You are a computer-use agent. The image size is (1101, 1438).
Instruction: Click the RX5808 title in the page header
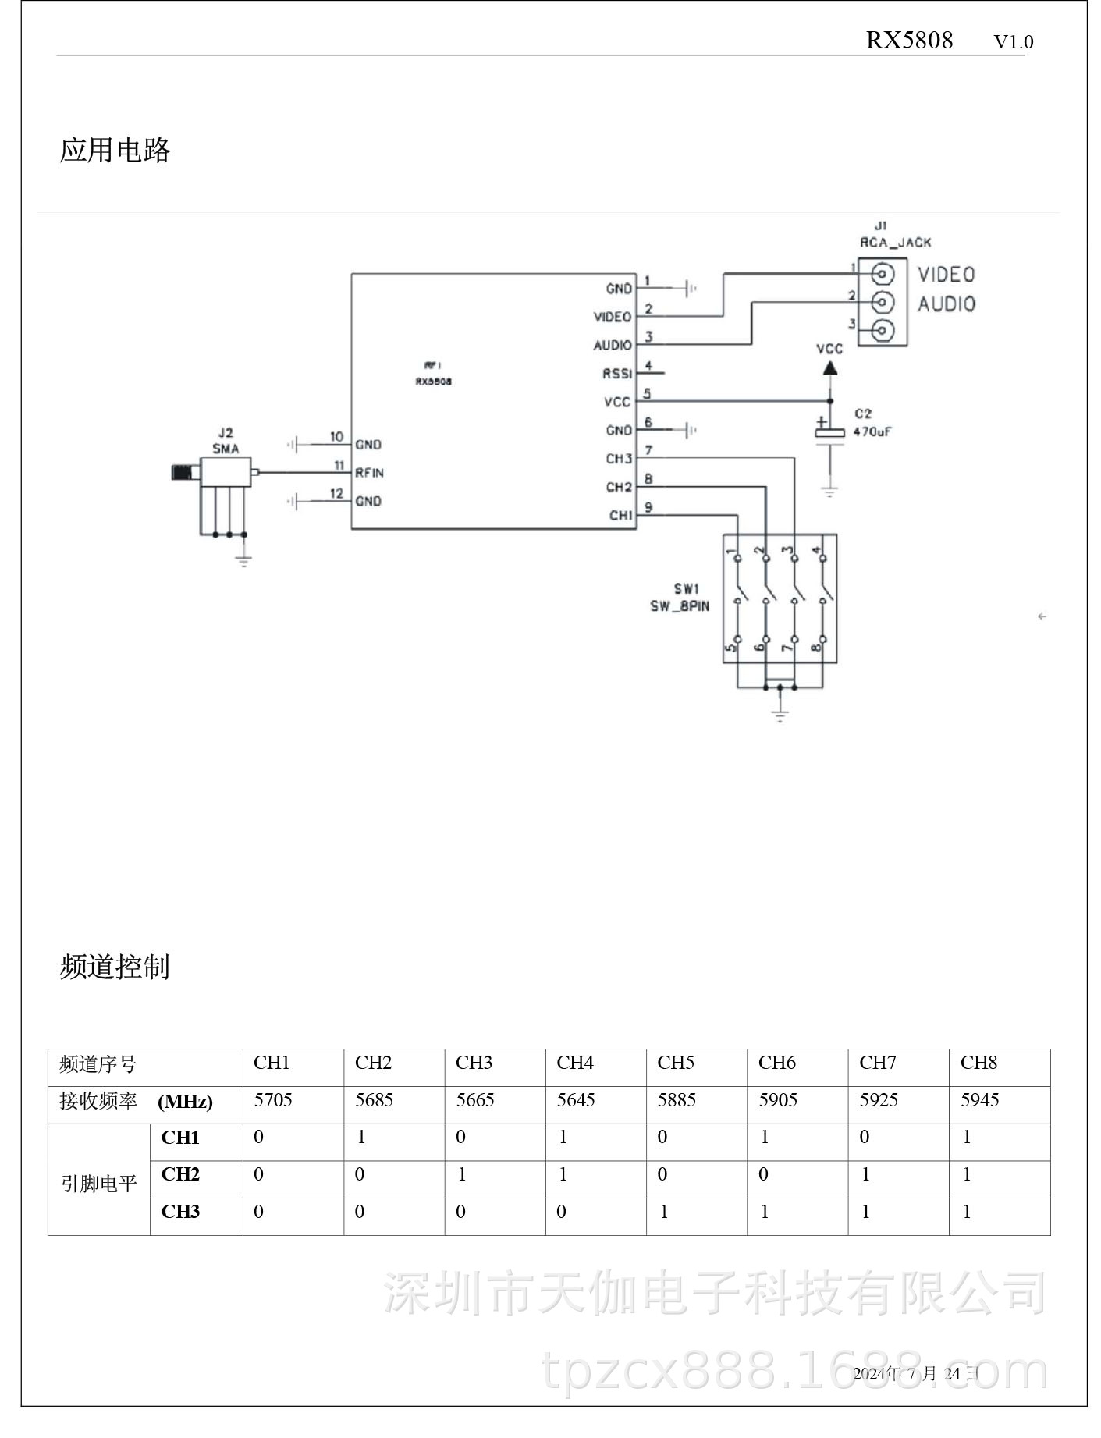pos(908,41)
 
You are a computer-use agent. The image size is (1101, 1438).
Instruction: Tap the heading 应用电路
pos(115,150)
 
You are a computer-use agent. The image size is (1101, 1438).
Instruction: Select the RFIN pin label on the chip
pos(369,473)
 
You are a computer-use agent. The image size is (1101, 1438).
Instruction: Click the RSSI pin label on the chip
pos(616,374)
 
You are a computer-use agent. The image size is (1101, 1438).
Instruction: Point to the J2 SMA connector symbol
pos(225,473)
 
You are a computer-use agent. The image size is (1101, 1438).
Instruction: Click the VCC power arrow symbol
pos(830,367)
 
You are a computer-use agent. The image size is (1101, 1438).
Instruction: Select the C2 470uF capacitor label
pos(871,423)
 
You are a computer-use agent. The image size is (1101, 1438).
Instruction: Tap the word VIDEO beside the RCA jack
pos(946,275)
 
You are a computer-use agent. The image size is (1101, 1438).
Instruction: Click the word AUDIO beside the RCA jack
pos(946,304)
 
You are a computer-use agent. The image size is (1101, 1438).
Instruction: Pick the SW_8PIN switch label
pos(680,606)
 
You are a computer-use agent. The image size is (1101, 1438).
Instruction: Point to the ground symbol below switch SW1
pos(780,713)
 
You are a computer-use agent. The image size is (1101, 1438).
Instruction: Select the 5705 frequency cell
pos(273,1100)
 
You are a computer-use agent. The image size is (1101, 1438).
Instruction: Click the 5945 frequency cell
pos(978,1100)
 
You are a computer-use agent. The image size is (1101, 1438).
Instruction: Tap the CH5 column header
pos(675,1063)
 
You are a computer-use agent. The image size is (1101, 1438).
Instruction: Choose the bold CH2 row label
pos(180,1174)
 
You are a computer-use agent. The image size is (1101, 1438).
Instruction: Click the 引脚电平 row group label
pos(98,1184)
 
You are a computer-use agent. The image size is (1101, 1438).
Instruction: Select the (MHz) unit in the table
pos(185,1102)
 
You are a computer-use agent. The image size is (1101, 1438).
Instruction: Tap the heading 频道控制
pos(115,967)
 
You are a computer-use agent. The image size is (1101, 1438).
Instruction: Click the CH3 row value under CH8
pos(967,1212)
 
